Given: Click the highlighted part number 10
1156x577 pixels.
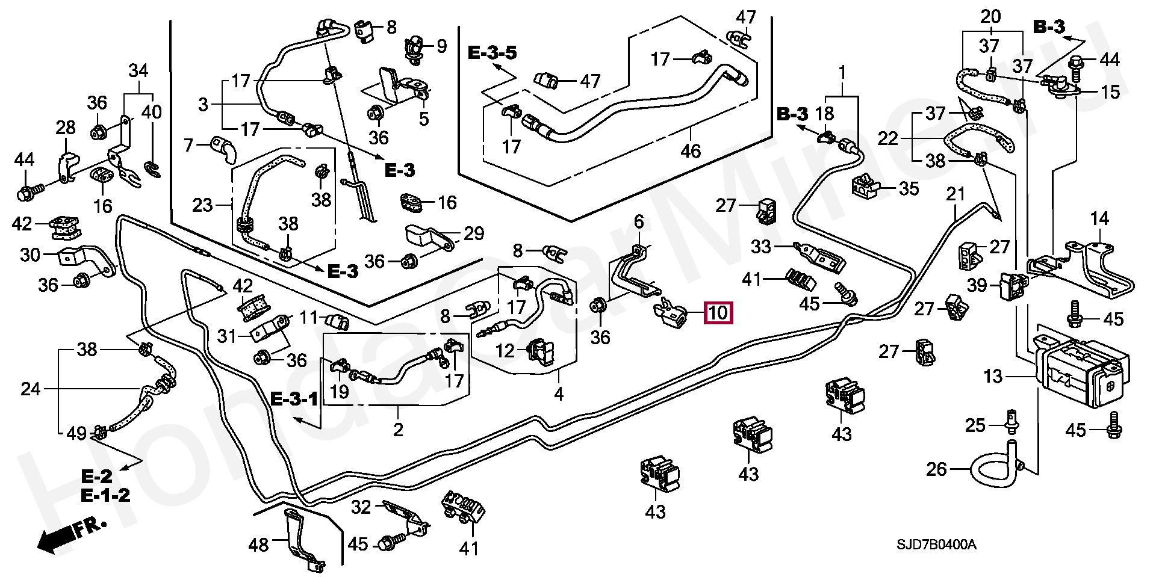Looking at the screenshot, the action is coord(718,313).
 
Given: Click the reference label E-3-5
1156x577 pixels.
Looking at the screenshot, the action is coord(492,53).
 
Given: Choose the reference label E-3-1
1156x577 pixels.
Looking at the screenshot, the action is coord(294,398).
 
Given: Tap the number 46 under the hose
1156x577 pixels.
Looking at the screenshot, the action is coord(690,150).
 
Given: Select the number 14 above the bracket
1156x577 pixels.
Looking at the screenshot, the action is coord(1099,218).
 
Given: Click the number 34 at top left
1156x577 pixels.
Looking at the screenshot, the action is coord(138,70).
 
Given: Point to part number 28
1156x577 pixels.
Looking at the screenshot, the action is coord(66,128).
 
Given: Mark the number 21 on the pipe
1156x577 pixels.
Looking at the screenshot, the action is coord(956,194).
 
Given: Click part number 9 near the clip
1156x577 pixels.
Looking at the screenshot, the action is coord(442,46).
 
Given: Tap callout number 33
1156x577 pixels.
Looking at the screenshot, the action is coord(761,246).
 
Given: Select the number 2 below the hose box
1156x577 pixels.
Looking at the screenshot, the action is coord(398,430).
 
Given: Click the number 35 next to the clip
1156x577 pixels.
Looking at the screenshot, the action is coord(909,188).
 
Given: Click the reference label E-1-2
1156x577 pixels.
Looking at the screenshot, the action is coord(106,496).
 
